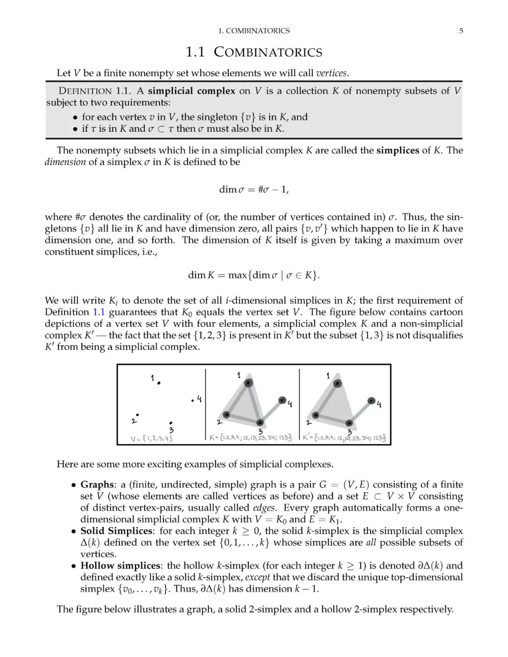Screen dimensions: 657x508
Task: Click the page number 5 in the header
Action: [x=461, y=31]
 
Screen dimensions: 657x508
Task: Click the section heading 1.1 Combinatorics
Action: [x=254, y=52]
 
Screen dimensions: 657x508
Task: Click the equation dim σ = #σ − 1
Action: [x=254, y=190]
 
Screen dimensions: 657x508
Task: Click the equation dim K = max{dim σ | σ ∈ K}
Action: [x=254, y=275]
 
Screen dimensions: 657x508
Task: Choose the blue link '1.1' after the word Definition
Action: [x=98, y=312]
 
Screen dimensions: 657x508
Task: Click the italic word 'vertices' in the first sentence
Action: [x=331, y=73]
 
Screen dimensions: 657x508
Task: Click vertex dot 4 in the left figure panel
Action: [x=193, y=401]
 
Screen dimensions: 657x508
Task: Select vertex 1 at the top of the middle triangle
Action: [x=248, y=383]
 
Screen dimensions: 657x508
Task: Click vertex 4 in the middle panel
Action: [x=282, y=400]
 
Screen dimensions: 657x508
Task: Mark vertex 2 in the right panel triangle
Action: [x=316, y=415]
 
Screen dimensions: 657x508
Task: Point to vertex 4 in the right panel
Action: [x=372, y=401]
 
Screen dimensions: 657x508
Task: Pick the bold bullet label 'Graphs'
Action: [x=97, y=485]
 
